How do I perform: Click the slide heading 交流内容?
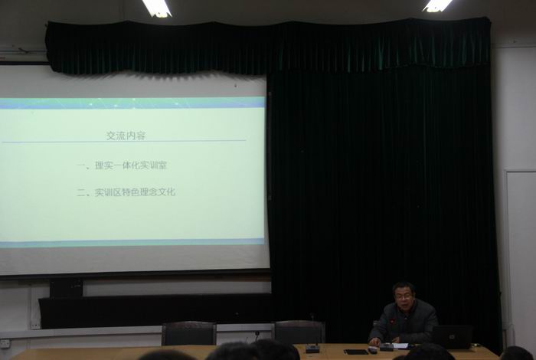pyautogui.click(x=126, y=136)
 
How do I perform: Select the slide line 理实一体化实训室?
pyautogui.click(x=131, y=165)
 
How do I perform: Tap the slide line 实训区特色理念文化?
pyautogui.click(x=135, y=192)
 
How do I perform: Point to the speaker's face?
pyautogui.click(x=404, y=296)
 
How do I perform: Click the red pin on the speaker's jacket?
pyautogui.click(x=393, y=322)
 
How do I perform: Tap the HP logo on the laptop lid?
pyautogui.click(x=452, y=337)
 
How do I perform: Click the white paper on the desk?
pyautogui.click(x=400, y=346)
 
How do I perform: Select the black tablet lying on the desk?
pyautogui.click(x=355, y=352)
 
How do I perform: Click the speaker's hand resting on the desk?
pyautogui.click(x=375, y=341)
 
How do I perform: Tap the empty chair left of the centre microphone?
pyautogui.click(x=188, y=333)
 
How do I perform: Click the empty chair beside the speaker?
pyautogui.click(x=299, y=332)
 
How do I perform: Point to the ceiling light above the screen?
pyautogui.click(x=156, y=8)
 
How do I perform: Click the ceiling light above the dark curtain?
pyautogui.click(x=437, y=5)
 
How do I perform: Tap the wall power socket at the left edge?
pyautogui.click(x=5, y=343)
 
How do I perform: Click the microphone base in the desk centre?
pyautogui.click(x=312, y=349)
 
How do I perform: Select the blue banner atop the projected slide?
pyautogui.click(x=132, y=103)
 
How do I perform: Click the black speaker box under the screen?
pyautogui.click(x=66, y=288)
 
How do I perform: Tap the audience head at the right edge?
pyautogui.click(x=517, y=353)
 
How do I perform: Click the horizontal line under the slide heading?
pyautogui.click(x=124, y=141)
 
